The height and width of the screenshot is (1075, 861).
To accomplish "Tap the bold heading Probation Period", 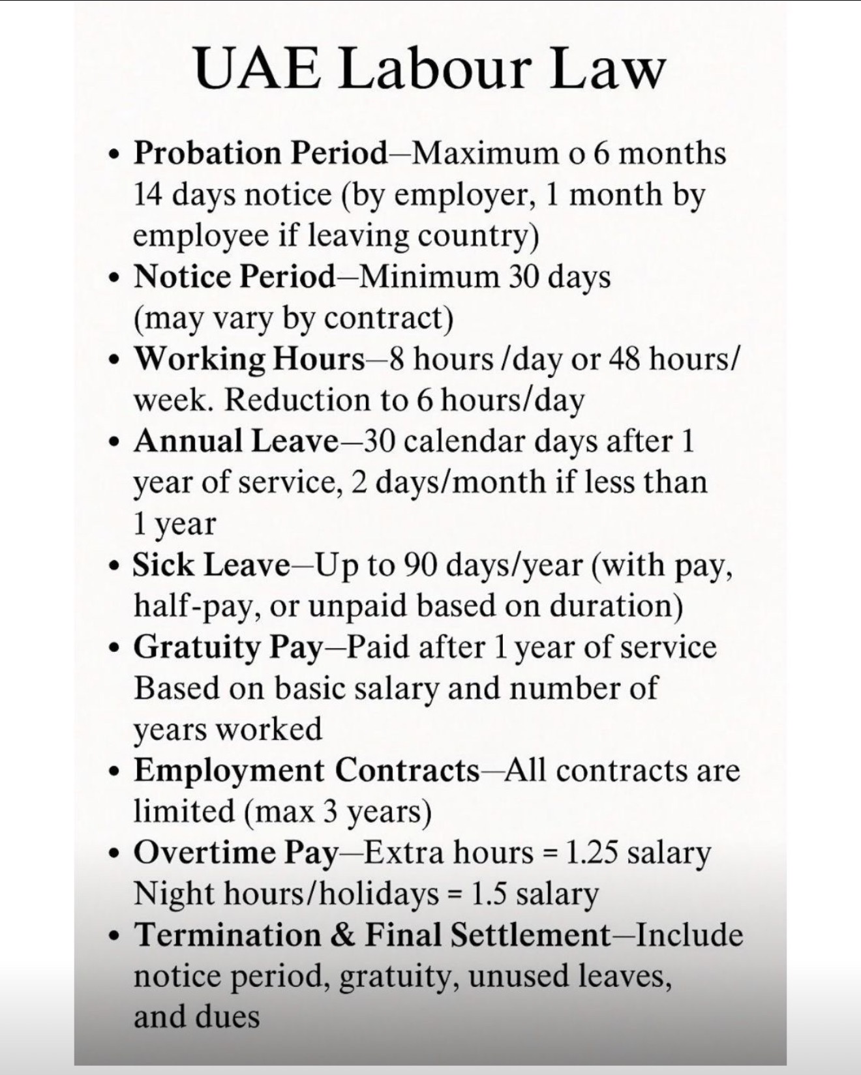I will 260,154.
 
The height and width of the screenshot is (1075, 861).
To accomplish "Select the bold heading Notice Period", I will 234,277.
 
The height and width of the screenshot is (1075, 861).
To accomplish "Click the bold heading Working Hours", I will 249,359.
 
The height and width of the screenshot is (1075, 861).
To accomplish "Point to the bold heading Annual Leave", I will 236,441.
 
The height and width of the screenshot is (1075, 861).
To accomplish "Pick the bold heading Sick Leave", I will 211,565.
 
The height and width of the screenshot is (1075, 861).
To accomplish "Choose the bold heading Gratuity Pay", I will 228,647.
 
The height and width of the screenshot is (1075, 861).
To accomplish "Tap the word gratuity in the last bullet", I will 398,976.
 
